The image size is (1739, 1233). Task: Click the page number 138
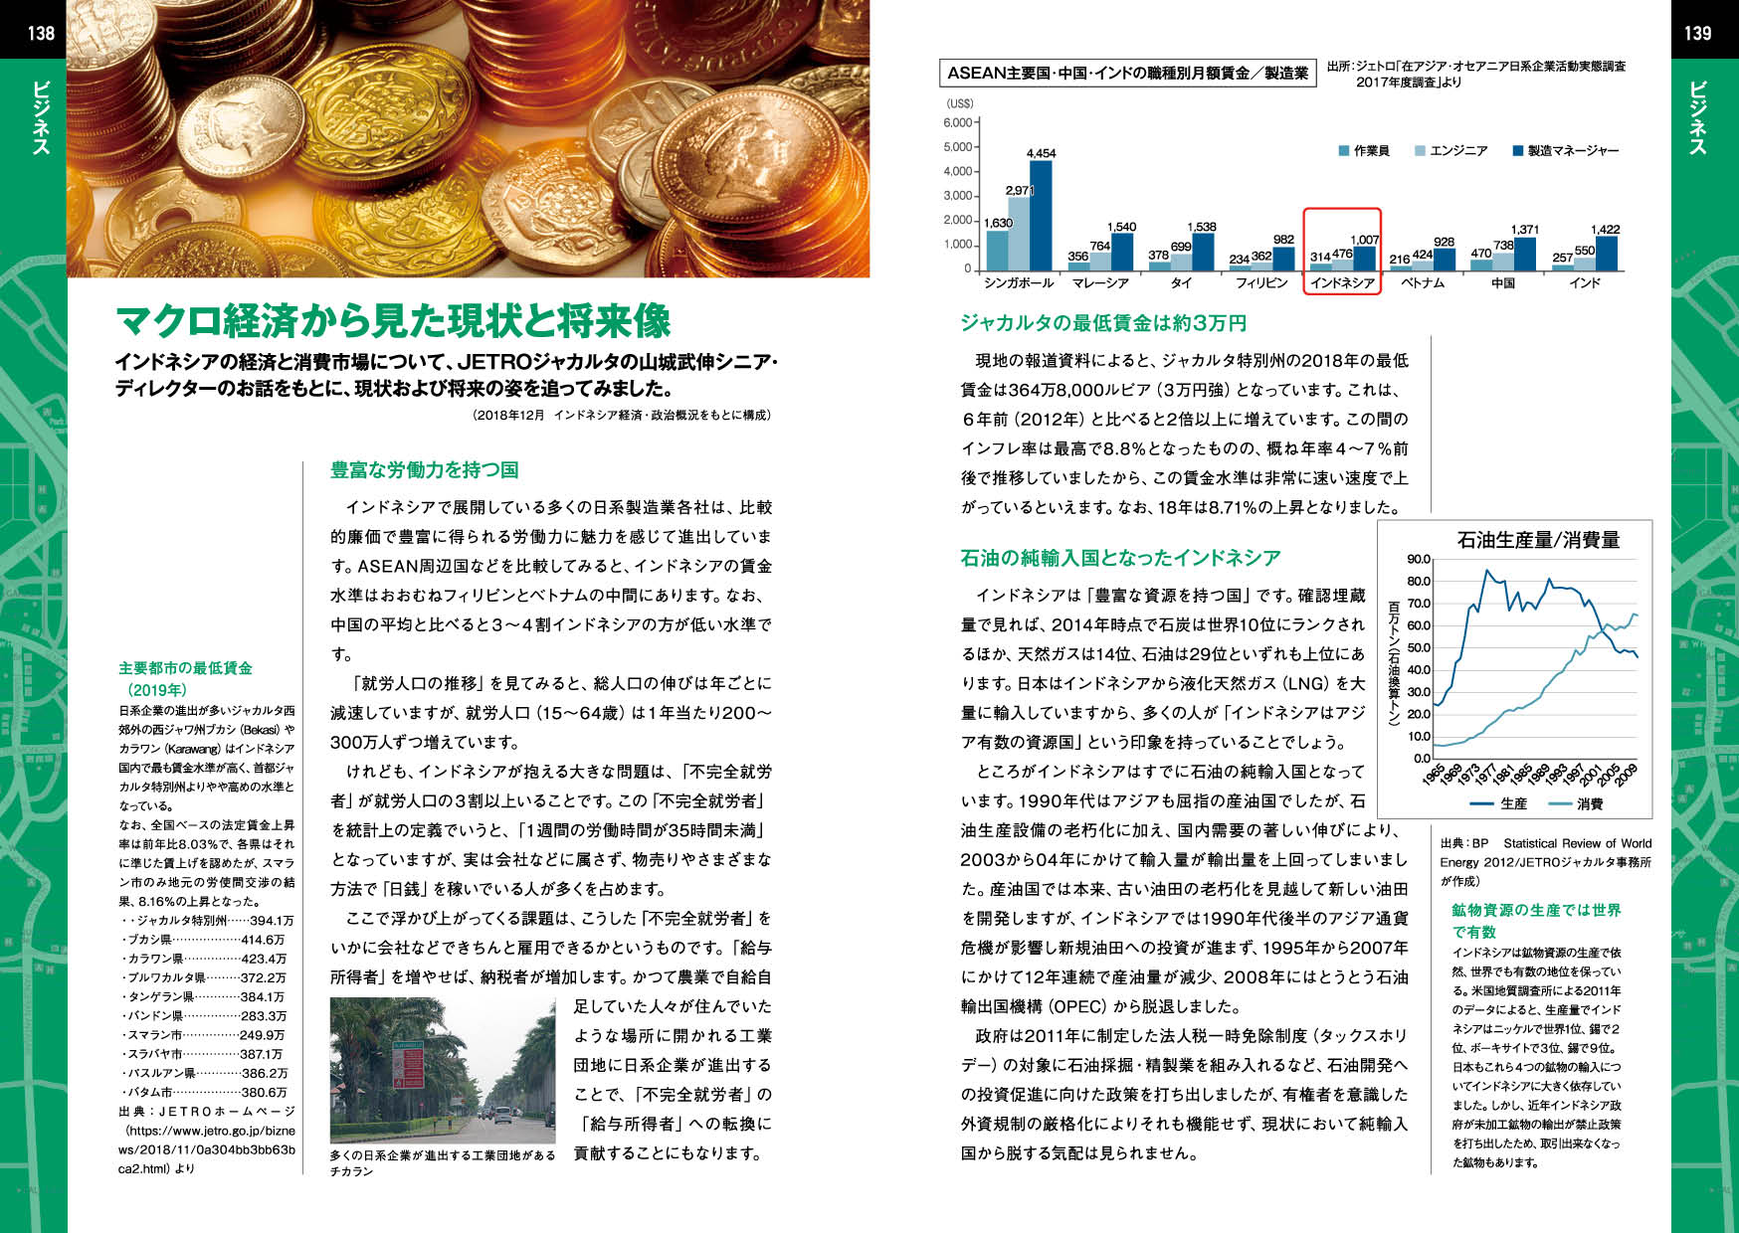pos(41,33)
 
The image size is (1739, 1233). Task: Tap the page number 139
pos(1697,33)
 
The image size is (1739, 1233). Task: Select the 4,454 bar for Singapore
pos(1041,215)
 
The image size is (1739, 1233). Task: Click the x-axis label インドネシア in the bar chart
pos(1342,283)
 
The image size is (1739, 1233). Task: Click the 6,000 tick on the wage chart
pos(957,123)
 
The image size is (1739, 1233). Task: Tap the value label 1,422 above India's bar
pos(1605,230)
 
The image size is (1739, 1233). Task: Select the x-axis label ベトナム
pos(1423,283)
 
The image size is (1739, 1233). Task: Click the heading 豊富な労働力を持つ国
pos(424,470)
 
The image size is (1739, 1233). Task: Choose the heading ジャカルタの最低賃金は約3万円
pos(1103,323)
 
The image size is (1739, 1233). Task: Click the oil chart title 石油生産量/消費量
pos(1538,540)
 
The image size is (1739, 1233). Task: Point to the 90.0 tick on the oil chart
pos(1419,559)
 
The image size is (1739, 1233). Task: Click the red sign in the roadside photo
pos(410,1069)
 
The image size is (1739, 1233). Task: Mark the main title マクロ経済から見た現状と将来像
pos(393,321)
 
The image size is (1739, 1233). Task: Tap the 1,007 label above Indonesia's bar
pos(1364,241)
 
